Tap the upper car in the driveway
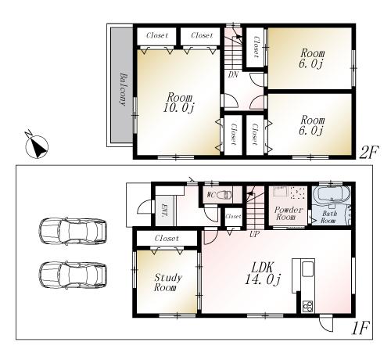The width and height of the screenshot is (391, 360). (72, 232)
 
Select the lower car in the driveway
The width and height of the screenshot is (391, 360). (72, 275)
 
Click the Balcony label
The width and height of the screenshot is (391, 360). (123, 88)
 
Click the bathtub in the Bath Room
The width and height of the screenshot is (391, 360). (333, 196)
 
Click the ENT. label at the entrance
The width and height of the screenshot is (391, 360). (165, 210)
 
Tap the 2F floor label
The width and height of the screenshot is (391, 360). (368, 153)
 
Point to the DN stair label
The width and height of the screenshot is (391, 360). (233, 76)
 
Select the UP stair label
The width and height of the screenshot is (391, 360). (254, 233)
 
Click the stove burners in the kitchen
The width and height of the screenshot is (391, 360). (307, 304)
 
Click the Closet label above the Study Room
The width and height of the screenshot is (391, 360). (166, 238)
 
